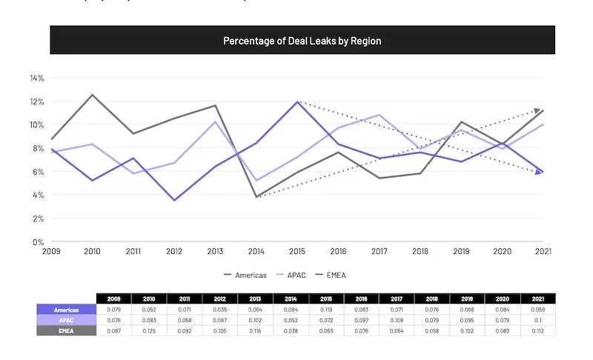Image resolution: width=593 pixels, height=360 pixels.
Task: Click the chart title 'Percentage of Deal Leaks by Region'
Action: pyautogui.click(x=302, y=41)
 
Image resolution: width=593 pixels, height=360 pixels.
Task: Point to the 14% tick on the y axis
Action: pyautogui.click(x=37, y=78)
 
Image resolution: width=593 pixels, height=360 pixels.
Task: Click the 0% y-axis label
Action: pyautogui.click(x=39, y=242)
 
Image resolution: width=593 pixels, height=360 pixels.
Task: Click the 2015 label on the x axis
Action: pyautogui.click(x=297, y=252)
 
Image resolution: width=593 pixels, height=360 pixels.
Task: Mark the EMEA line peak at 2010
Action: pyautogui.click(x=92, y=95)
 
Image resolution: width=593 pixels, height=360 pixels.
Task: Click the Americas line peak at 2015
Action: pyautogui.click(x=297, y=102)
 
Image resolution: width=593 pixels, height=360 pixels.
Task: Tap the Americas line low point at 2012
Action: pyautogui.click(x=174, y=200)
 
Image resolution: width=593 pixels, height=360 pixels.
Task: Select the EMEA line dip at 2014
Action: pyautogui.click(x=256, y=197)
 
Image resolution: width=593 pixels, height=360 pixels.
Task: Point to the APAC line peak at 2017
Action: pyautogui.click(x=380, y=115)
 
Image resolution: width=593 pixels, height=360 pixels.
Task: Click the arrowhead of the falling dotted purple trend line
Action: pyautogui.click(x=538, y=172)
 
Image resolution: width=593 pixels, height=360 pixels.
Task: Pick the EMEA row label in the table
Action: pyautogui.click(x=67, y=330)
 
